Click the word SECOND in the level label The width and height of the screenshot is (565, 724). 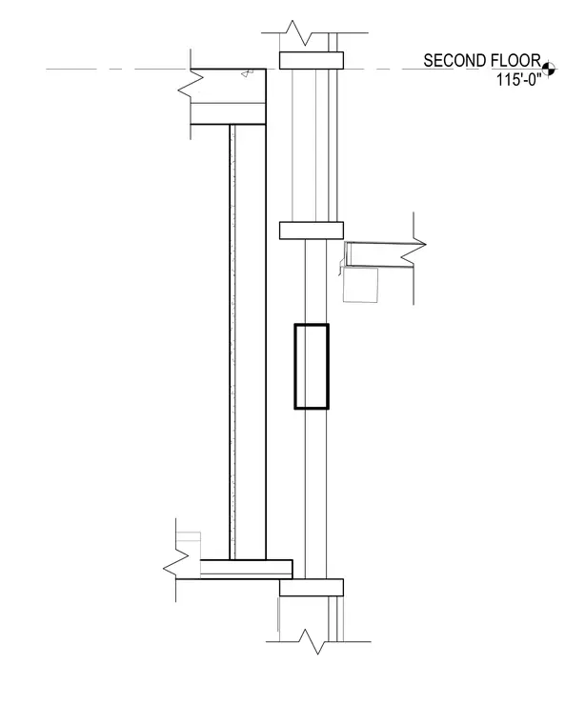pos(454,61)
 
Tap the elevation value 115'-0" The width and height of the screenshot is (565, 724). pos(518,80)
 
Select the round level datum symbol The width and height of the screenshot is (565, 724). pos(549,69)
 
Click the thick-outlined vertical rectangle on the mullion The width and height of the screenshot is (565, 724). pos(312,366)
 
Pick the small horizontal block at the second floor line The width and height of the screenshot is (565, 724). pos(312,60)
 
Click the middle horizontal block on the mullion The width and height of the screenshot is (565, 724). pos(312,231)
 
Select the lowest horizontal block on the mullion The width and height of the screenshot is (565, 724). pos(312,588)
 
